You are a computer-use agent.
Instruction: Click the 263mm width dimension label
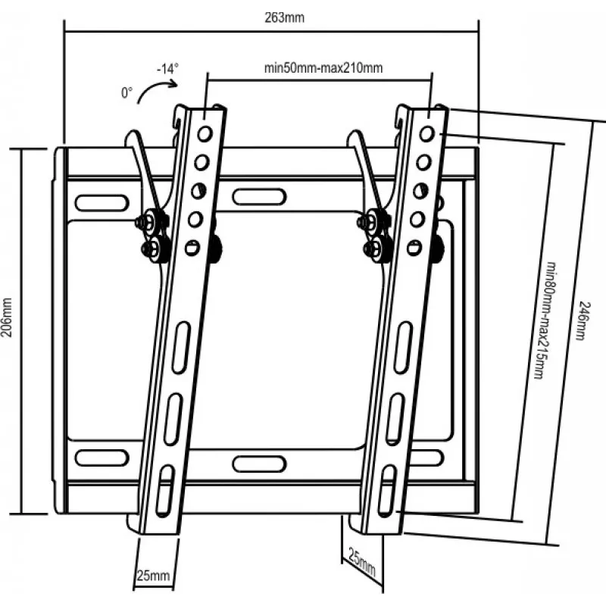tap(285, 17)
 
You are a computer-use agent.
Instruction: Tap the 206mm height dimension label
tap(8, 317)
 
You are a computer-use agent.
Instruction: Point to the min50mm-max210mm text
tap(323, 68)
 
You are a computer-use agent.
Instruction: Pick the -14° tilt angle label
tap(167, 69)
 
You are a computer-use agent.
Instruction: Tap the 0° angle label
tap(127, 93)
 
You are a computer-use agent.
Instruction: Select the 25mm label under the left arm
tap(153, 576)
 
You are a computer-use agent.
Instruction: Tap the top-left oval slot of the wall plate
tap(102, 203)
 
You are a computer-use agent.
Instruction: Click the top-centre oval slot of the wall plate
tap(259, 197)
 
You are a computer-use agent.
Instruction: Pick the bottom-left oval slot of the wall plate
tap(102, 458)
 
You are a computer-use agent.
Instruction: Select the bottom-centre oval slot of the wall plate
tap(259, 464)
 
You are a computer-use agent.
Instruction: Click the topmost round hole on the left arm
tap(205, 134)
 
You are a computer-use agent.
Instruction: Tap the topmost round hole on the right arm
tap(427, 134)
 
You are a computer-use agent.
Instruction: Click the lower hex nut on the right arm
tap(373, 248)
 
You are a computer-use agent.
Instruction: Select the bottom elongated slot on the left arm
tap(164, 489)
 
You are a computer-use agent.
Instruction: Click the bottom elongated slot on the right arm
tap(388, 489)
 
